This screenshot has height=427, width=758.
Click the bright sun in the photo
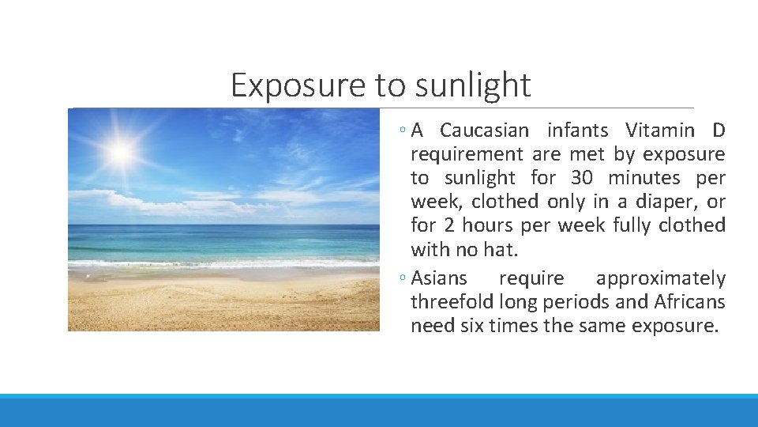[121, 151]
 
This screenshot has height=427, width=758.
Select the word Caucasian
[484, 130]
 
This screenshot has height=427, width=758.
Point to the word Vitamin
[656, 130]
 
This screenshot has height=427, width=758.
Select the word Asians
[439, 278]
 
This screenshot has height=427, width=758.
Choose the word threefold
[450, 302]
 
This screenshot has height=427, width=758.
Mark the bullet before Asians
[403, 279]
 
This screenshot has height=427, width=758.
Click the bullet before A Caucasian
[403, 130]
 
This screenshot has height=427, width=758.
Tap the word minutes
[644, 178]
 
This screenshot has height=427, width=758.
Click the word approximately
[661, 278]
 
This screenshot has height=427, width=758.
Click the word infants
[577, 130]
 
